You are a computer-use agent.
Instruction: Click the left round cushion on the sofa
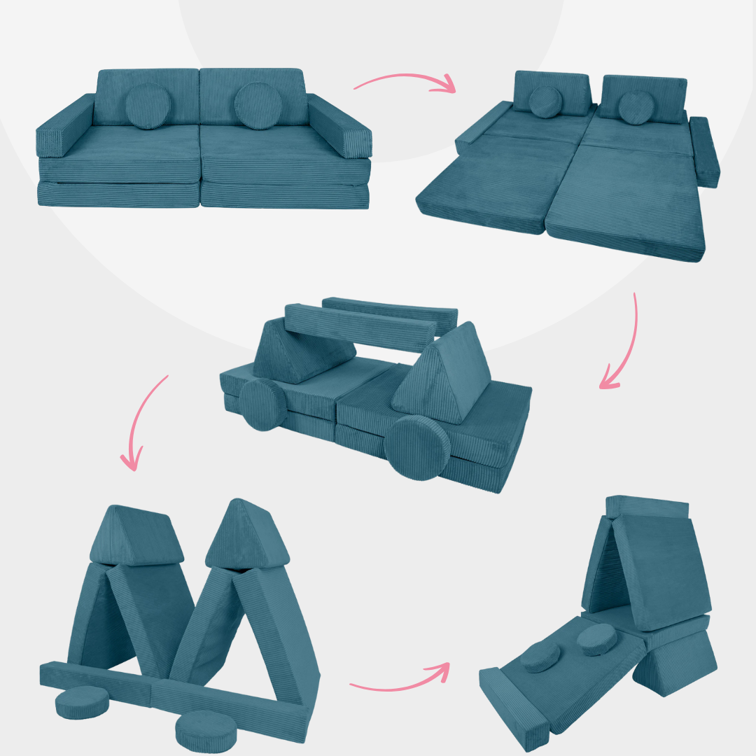[148, 106]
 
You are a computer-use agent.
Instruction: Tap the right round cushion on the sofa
[256, 106]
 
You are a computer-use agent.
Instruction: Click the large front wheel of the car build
[417, 447]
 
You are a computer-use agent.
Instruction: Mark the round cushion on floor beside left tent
[82, 701]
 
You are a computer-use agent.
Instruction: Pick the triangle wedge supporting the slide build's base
[675, 661]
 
